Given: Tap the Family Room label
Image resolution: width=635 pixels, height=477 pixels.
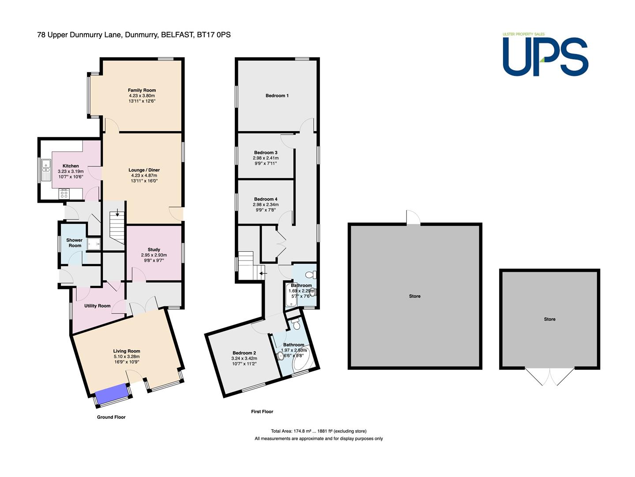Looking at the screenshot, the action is [142, 90].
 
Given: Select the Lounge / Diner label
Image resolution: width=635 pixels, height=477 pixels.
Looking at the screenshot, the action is [144, 170].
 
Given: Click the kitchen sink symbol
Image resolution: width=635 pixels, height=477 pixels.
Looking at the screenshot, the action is [46, 170].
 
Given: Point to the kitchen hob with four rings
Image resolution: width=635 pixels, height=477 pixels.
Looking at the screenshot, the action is [64, 193].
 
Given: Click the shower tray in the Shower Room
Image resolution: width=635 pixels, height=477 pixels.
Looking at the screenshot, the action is [94, 244].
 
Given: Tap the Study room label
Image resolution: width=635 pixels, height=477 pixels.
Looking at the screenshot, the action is [154, 250].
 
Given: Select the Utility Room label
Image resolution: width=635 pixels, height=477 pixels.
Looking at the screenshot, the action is [97, 306].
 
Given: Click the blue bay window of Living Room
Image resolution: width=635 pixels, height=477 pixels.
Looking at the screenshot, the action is [113, 394].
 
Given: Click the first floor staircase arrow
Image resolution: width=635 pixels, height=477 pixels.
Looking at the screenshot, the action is [263, 273].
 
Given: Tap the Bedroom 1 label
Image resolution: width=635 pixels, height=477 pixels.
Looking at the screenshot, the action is [277, 95].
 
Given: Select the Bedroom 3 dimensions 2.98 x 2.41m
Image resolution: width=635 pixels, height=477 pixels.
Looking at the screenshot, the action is [266, 158].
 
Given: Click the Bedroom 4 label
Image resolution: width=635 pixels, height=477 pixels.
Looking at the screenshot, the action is [266, 199].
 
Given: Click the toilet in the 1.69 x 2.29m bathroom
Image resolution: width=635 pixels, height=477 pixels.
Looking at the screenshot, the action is [311, 274].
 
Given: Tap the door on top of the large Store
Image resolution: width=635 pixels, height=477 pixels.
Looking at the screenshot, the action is [413, 218].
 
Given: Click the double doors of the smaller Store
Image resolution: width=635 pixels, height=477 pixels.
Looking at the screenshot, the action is [549, 377].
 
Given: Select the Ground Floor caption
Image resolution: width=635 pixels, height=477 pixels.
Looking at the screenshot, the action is [111, 417].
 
